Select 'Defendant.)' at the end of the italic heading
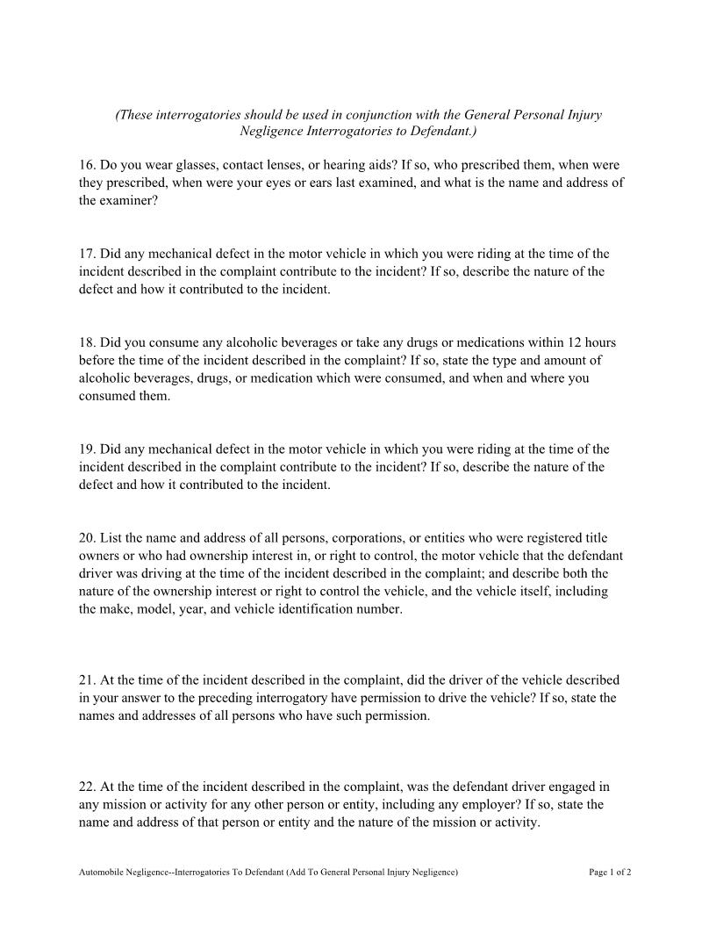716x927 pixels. pos(442,132)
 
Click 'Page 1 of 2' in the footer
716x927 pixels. pos(610,873)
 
